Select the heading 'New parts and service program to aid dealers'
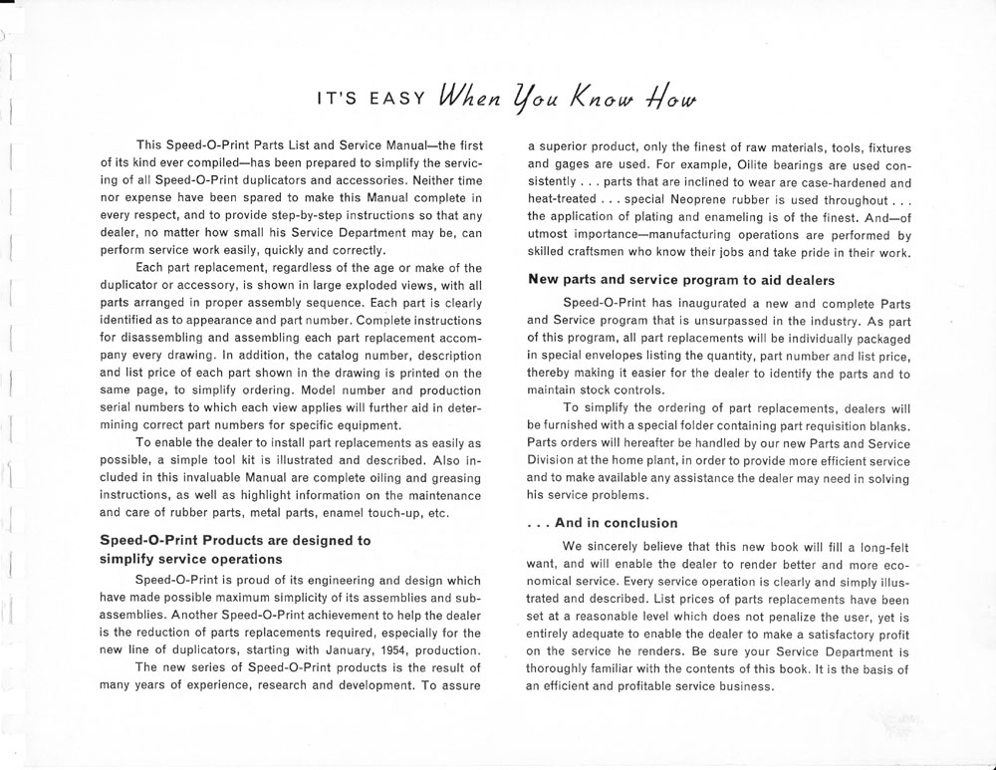(681, 280)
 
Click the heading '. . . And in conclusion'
(603, 523)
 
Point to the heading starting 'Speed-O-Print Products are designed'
(235, 540)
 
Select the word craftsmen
(609, 253)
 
